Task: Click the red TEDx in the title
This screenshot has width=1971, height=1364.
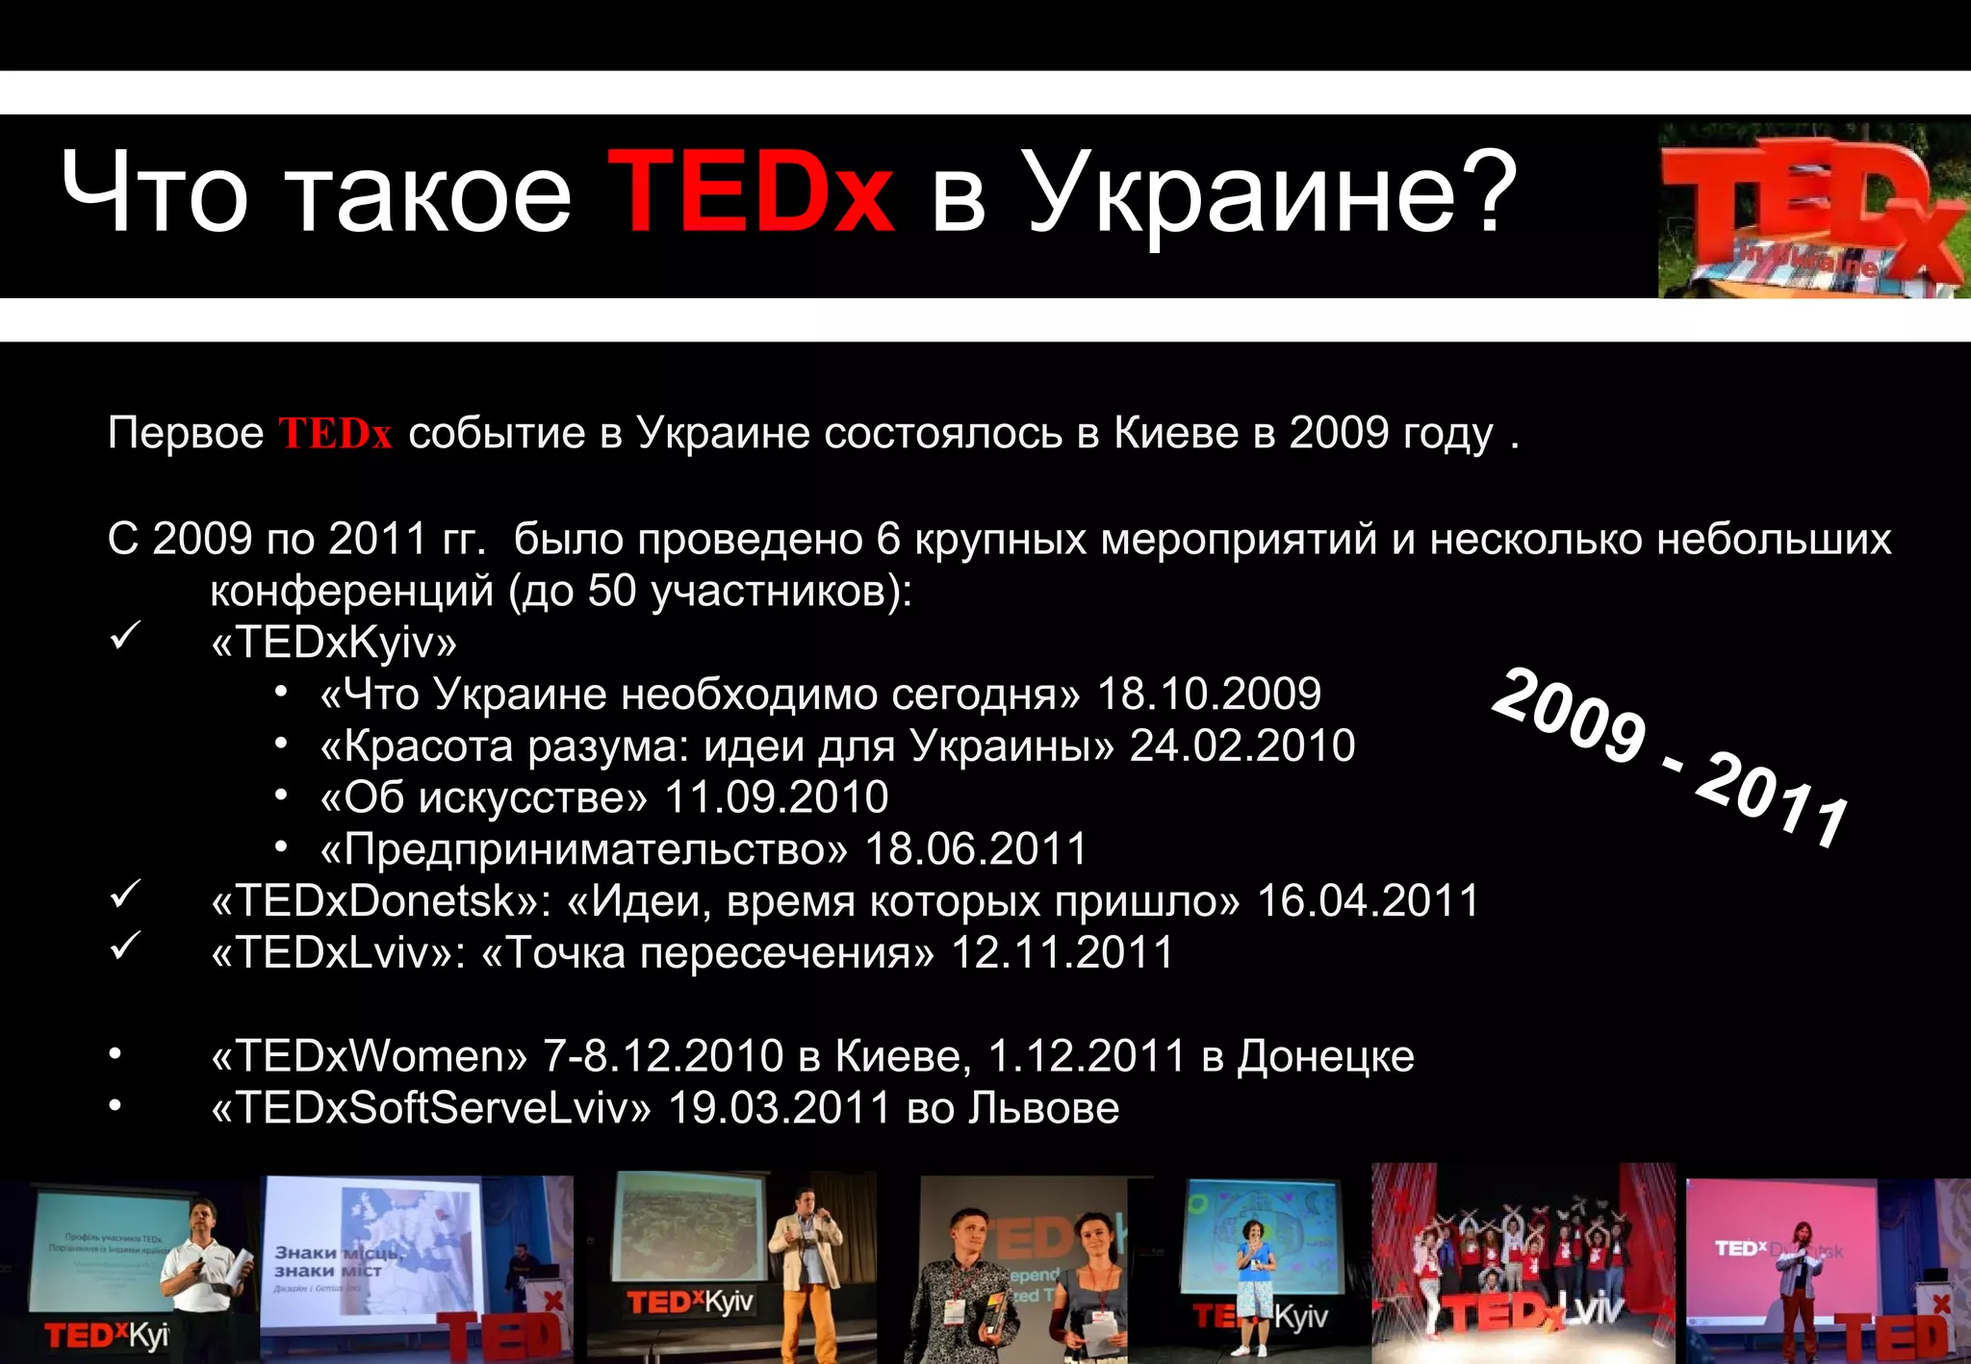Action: (x=751, y=192)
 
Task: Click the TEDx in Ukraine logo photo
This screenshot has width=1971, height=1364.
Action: (x=1812, y=209)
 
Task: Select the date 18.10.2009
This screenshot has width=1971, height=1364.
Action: (x=1209, y=694)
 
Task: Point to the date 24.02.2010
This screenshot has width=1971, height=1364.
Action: (x=1241, y=745)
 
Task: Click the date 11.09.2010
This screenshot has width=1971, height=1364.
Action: (x=776, y=797)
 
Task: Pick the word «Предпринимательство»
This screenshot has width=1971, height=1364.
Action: (x=584, y=849)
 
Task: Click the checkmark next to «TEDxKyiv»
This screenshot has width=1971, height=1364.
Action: (x=126, y=636)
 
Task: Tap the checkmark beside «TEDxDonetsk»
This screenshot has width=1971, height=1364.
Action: (x=126, y=895)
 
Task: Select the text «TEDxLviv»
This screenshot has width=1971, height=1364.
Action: (x=331, y=953)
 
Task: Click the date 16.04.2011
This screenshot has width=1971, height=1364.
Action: (x=1368, y=901)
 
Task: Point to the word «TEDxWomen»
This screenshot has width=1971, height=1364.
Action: (x=369, y=1056)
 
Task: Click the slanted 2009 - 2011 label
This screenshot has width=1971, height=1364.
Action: (x=1671, y=758)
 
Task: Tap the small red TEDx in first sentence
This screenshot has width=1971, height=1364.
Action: (x=335, y=434)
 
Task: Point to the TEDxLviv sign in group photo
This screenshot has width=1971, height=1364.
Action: (x=1530, y=1313)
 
